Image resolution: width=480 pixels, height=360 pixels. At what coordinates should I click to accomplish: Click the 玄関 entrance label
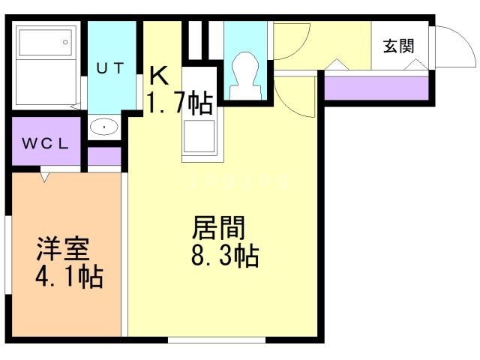point(398,46)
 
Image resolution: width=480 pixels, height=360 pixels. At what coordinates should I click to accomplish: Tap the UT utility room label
point(110,66)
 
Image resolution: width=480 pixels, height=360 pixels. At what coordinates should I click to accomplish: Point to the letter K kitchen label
point(158,75)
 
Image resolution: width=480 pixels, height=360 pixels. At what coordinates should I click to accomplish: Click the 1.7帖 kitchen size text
point(178,103)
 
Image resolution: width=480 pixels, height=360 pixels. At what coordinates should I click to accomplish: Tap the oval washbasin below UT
point(103,127)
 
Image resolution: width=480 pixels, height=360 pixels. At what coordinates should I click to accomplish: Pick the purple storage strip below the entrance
point(379,88)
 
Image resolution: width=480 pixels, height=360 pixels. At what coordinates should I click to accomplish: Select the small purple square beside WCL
point(104,156)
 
